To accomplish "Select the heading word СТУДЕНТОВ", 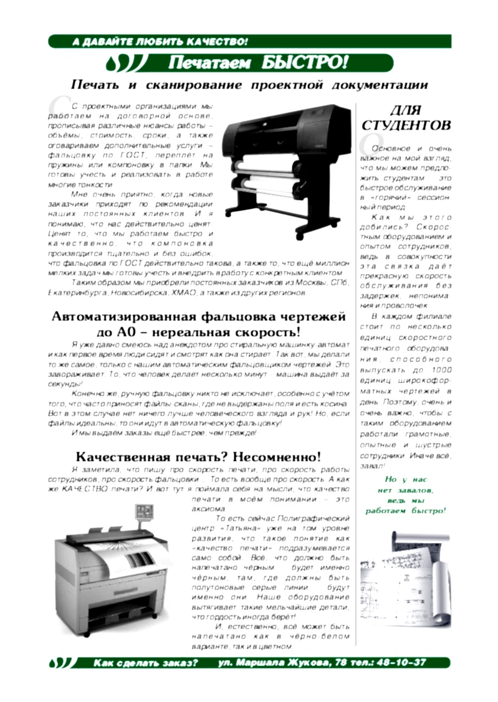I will pyautogui.click(x=406, y=125).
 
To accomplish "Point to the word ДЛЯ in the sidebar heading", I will pyautogui.click(x=406, y=110).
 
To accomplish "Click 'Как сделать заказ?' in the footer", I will pyautogui.click(x=145, y=663).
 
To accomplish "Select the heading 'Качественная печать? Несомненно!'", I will pyautogui.click(x=199, y=457).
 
